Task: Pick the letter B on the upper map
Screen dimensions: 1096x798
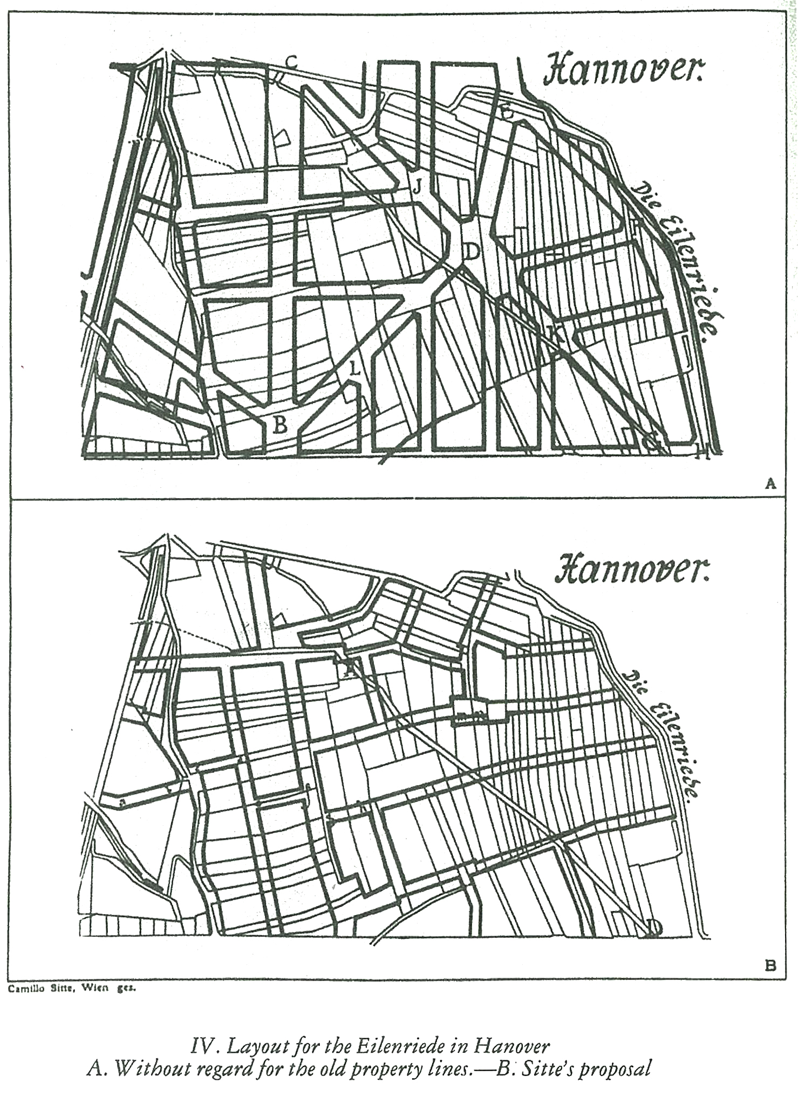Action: [x=280, y=425]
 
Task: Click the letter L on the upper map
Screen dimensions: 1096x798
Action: [x=354, y=369]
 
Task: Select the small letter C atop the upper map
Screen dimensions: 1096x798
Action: [x=292, y=62]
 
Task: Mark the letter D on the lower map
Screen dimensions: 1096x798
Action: [x=654, y=927]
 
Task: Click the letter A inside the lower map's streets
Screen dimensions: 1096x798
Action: [x=350, y=669]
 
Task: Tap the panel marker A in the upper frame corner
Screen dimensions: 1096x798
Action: [x=770, y=484]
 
